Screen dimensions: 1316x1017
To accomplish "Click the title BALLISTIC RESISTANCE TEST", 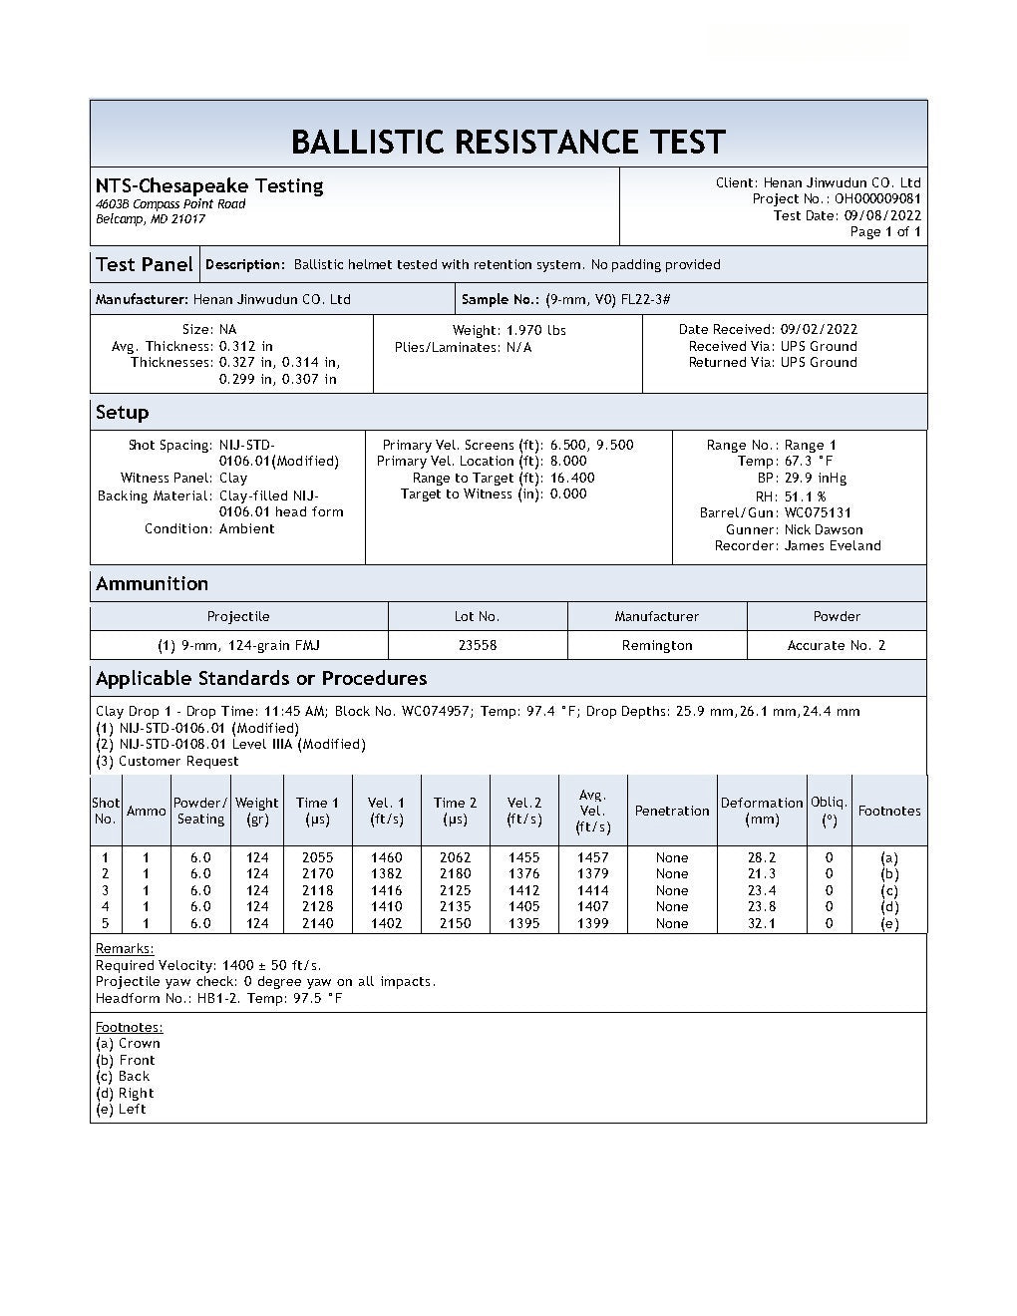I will pos(508,142).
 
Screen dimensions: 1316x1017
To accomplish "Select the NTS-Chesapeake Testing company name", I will pos(209,185).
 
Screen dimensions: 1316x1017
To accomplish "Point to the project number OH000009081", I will pos(877,199).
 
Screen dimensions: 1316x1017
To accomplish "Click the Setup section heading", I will pos(122,413).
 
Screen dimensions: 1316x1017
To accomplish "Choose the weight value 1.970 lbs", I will pos(536,330).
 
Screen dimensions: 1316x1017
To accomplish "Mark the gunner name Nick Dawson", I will pos(824,529).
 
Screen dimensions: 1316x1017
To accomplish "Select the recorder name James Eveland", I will pos(833,546).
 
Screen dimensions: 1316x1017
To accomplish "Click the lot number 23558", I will pos(478,646).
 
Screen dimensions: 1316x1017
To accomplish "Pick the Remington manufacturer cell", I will pos(657,646).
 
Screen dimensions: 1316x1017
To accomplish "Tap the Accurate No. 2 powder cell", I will pos(837,646).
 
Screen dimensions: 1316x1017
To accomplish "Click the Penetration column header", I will pos(672,812).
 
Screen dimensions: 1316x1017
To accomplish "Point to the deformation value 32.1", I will pos(762,924).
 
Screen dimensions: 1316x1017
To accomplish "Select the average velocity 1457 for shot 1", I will pos(593,857).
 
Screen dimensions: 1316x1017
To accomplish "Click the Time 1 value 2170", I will pos(317,874).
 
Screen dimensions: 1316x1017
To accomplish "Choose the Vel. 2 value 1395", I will pos(523,924).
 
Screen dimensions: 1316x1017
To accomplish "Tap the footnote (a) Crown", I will pos(128,1044).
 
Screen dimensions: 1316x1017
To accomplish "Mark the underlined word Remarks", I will pos(125,949).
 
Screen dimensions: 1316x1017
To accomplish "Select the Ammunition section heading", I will pos(152,584).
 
